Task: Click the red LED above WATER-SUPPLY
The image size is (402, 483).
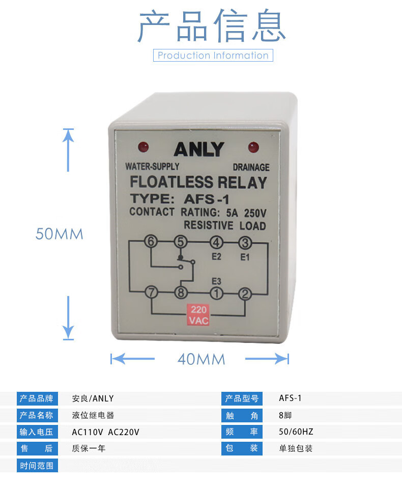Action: point(144,147)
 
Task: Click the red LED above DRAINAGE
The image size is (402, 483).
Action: point(253,147)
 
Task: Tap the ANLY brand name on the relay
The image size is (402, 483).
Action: point(198,149)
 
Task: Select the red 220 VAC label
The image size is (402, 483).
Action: point(198,315)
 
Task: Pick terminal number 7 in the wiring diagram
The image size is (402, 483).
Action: point(151,292)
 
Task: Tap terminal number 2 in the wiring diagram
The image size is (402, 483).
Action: point(245,292)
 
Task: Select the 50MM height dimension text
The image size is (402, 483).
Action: point(59,234)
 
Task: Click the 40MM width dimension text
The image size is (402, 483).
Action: point(201,359)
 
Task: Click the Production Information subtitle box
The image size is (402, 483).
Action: point(213,56)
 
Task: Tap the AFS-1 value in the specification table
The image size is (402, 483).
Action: point(291,398)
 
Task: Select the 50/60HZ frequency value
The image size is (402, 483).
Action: point(296,432)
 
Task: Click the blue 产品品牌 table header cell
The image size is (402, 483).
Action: point(36,398)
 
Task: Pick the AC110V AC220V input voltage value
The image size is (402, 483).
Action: point(105,432)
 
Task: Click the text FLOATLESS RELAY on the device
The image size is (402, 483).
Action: point(198,182)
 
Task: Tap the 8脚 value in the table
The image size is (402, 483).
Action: point(285,415)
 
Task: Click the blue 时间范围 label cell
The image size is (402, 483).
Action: point(36,466)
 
